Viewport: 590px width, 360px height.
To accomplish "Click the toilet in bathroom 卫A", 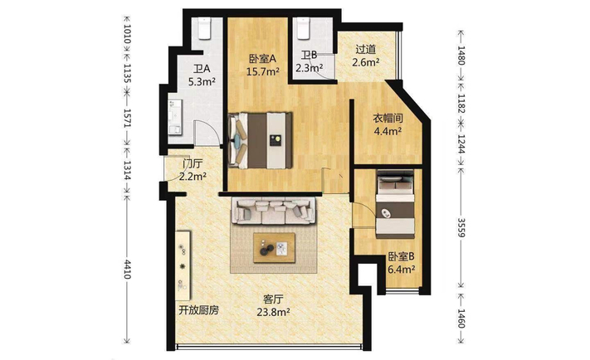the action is click(x=205, y=29).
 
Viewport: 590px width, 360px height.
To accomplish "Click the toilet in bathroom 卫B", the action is click(x=303, y=28).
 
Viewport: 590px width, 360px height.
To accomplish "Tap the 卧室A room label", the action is click(x=263, y=59).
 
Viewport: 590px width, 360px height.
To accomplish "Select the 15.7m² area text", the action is click(x=263, y=71).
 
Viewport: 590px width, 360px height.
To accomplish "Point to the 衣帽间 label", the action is click(x=388, y=119).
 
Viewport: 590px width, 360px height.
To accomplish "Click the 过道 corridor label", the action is click(x=366, y=50).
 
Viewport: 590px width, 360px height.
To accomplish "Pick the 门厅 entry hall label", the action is click(x=193, y=164).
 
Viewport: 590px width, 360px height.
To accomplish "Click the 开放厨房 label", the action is click(x=198, y=310).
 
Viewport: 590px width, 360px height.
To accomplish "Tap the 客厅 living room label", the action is click(x=273, y=299).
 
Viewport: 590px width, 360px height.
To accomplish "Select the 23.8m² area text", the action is click(x=273, y=312).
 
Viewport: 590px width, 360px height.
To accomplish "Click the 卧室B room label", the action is click(x=402, y=256).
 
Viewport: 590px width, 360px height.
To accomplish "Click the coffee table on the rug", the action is click(x=274, y=247).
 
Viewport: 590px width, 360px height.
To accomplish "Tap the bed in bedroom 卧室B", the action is click(x=396, y=205).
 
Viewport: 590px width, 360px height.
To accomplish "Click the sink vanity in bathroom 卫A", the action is click(x=175, y=117).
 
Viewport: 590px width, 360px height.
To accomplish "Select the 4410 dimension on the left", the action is click(x=127, y=269).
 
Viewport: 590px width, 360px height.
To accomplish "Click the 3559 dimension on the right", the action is click(x=461, y=227).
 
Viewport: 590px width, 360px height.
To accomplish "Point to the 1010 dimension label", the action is click(x=127, y=34).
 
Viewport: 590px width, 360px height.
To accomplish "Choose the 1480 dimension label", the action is click(x=461, y=55).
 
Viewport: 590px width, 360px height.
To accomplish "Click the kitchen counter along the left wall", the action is click(x=183, y=265).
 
